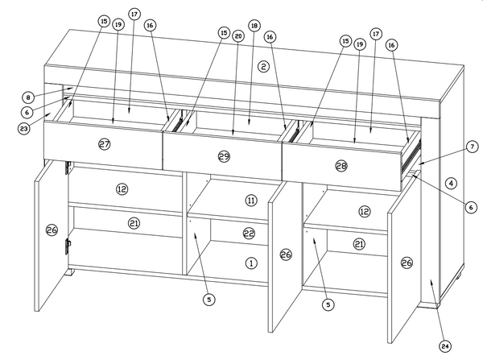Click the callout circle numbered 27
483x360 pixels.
tap(105, 144)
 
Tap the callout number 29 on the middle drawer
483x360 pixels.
tap(224, 156)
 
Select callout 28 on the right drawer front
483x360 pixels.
tap(341, 166)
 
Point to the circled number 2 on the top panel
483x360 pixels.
tap(263, 66)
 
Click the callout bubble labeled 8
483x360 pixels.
tap(28, 97)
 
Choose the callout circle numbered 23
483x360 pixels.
tap(23, 129)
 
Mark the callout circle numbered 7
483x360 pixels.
tap(473, 147)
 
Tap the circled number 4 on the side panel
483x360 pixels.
tap(451, 184)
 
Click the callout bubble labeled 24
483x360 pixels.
tap(445, 346)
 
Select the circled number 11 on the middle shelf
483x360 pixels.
tap(251, 201)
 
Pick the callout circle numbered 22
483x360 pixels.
tap(249, 234)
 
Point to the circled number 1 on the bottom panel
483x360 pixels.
tap(251, 263)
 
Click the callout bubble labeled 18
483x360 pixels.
tap(254, 26)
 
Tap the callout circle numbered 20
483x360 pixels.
tap(238, 36)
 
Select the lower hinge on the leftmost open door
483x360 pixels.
tap(68, 246)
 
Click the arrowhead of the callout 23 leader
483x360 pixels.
tap(48, 114)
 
